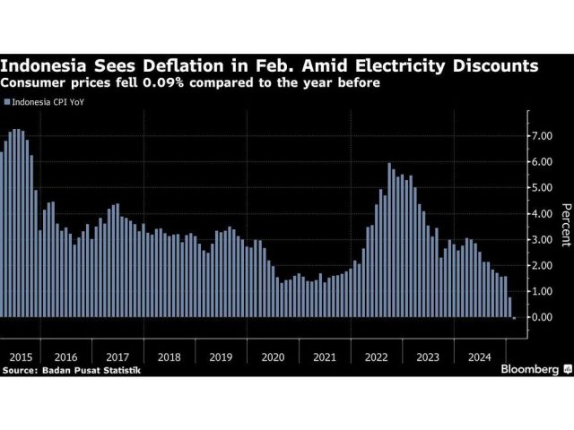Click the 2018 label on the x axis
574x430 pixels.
[x=170, y=357]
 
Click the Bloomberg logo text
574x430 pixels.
[x=526, y=368]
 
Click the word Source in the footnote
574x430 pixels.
[x=22, y=369]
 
